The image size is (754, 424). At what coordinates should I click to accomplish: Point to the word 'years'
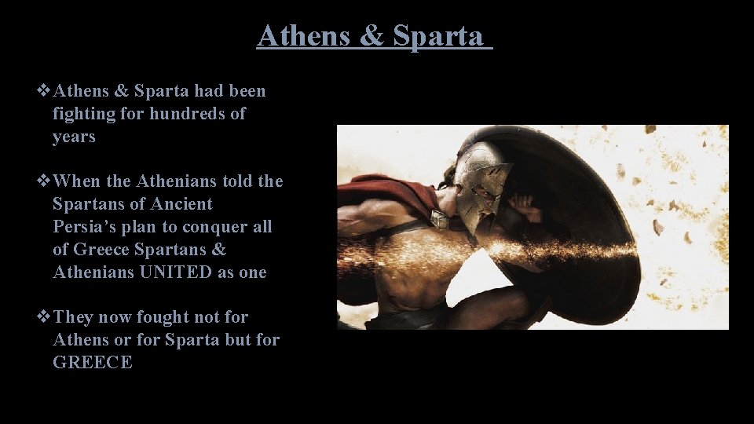(74, 137)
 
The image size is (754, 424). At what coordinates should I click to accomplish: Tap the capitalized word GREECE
(92, 363)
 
